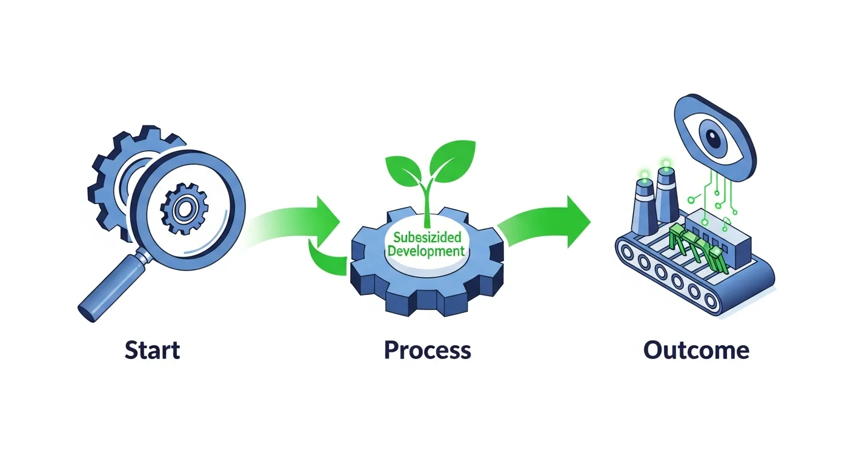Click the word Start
[x=152, y=351]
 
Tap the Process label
[x=427, y=351]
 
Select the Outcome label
[x=696, y=351]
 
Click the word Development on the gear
[x=426, y=250]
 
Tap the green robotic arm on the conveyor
[x=691, y=245]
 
